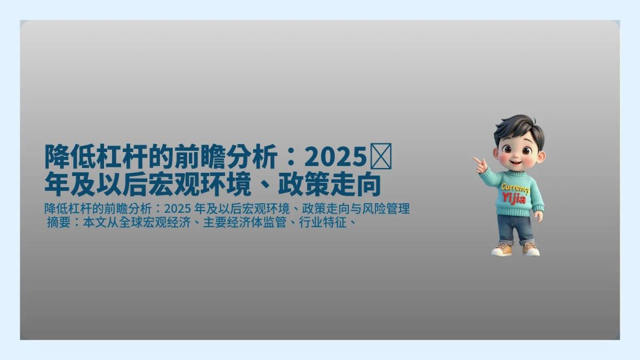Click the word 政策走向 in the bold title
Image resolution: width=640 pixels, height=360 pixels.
(330, 184)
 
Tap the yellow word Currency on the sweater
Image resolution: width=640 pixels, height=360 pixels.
(515, 189)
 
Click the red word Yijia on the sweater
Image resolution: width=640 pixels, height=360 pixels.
(514, 199)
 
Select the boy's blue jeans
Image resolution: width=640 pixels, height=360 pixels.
(514, 228)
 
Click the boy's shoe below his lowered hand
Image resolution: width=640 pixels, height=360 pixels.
(531, 249)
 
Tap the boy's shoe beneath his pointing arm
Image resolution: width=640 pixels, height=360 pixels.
(502, 249)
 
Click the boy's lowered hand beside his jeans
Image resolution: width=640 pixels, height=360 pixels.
(538, 216)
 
